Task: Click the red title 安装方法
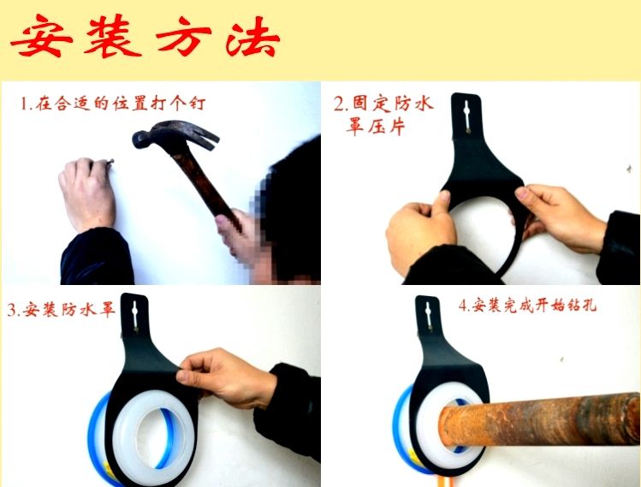(x=145, y=36)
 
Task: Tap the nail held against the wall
(x=110, y=163)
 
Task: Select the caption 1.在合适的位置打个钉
(x=113, y=104)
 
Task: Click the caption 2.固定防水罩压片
(x=383, y=115)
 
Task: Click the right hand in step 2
(x=559, y=217)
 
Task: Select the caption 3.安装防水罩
(x=61, y=310)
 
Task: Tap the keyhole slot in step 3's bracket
(x=135, y=317)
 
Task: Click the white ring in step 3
(x=152, y=437)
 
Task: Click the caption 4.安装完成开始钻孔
(x=527, y=305)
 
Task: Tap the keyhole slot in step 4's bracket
(x=428, y=316)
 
